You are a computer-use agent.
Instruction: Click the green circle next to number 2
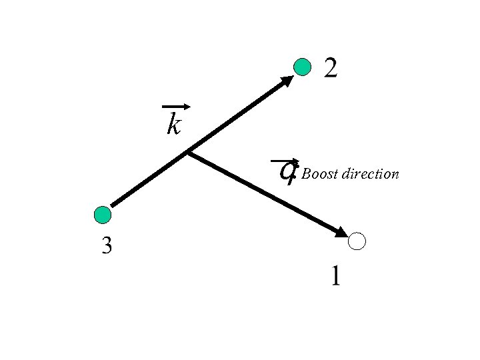point(303,67)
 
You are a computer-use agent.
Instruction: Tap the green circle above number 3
point(103,215)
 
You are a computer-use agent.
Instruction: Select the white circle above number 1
point(357,241)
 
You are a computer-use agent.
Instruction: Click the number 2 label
point(331,67)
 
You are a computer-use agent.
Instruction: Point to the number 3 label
point(107,247)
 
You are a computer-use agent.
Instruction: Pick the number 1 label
point(335,275)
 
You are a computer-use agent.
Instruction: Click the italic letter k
point(174,123)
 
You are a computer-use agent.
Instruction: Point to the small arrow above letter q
point(285,161)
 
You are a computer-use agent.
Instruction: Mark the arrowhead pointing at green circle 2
point(287,81)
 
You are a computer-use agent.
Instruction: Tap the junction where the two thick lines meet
point(187,153)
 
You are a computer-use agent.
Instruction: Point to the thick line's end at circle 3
point(113,205)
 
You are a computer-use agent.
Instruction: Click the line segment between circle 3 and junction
point(150,179)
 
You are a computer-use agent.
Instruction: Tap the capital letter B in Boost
point(307,175)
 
